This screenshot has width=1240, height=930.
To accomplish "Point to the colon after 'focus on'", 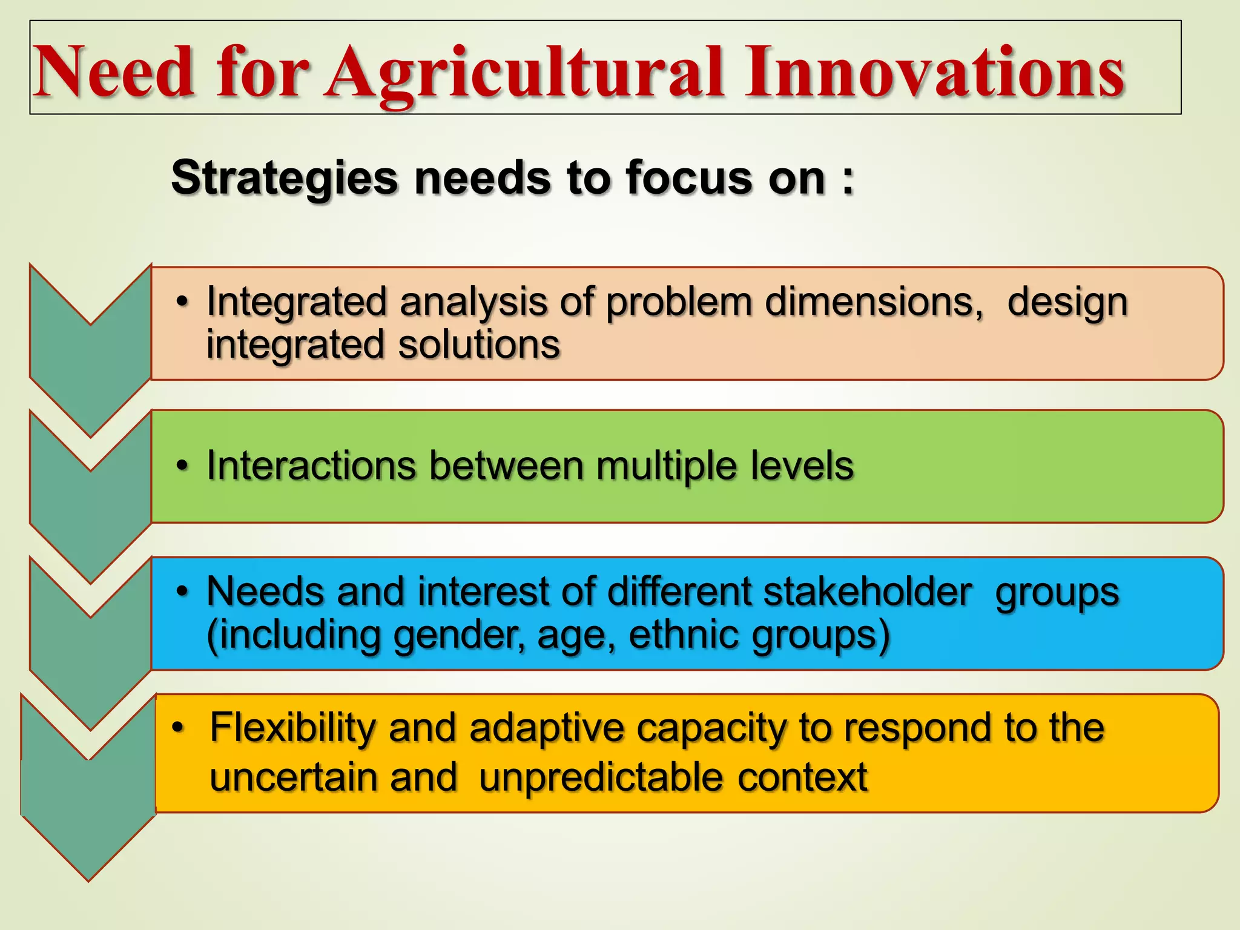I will click(x=848, y=179).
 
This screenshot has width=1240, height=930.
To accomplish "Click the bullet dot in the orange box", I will click(x=177, y=727).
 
